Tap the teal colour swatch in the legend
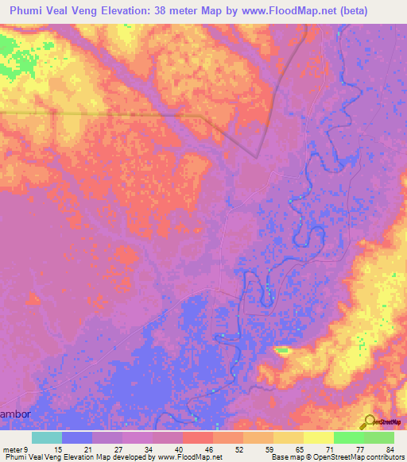point(47,437)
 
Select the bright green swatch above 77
point(348,437)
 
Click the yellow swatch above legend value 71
point(318,437)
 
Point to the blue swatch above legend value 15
point(77,437)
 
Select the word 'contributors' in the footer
point(385,456)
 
